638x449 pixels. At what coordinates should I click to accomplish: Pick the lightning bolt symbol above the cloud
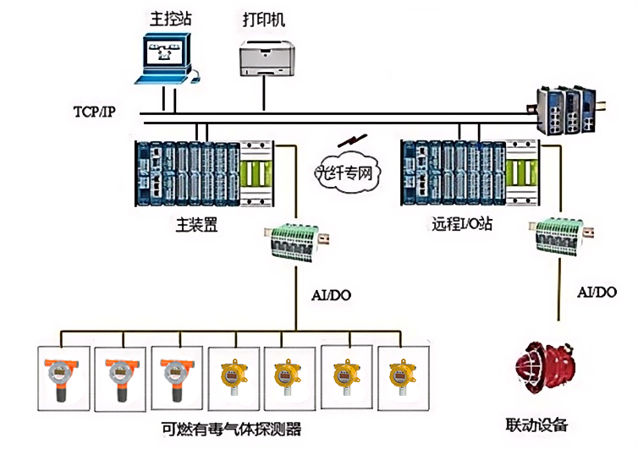345,140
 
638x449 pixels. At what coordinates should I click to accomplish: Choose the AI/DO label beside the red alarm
597,292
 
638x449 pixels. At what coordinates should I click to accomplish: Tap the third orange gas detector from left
175,376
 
